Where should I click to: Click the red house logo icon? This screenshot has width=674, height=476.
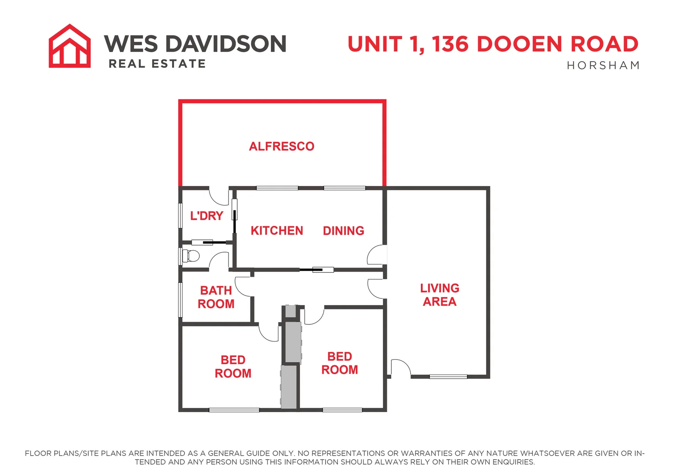coord(70,46)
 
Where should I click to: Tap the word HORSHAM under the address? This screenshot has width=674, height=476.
coord(603,66)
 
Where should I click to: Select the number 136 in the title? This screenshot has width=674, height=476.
coord(450,44)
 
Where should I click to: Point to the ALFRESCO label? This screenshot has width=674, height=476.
coord(281,146)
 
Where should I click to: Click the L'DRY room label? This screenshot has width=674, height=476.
coord(206,216)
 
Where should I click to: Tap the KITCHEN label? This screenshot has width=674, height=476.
coord(277,231)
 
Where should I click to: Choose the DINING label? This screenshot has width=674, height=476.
coord(343,231)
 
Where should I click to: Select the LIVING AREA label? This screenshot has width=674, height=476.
coord(439,295)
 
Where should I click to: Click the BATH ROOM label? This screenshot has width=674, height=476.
coord(216,297)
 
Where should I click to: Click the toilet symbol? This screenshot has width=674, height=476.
coord(191,256)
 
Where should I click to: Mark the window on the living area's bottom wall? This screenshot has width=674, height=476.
coord(448,376)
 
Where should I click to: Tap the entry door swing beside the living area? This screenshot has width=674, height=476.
coord(401,368)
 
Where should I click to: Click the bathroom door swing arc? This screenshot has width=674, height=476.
coord(243,286)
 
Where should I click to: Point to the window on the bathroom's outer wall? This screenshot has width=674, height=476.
coord(180,300)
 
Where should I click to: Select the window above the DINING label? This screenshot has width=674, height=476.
coord(344,188)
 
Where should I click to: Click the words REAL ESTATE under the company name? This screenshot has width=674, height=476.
coord(157,64)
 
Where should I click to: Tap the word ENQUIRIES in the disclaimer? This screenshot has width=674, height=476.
coord(513,462)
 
